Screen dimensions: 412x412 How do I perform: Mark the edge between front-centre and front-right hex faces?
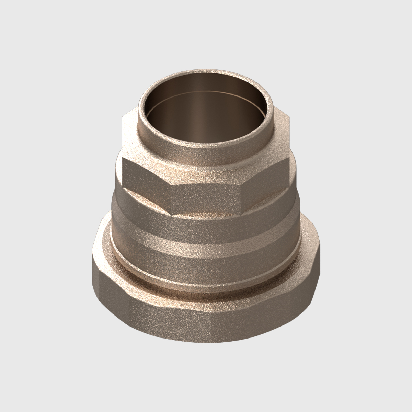(241, 197)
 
